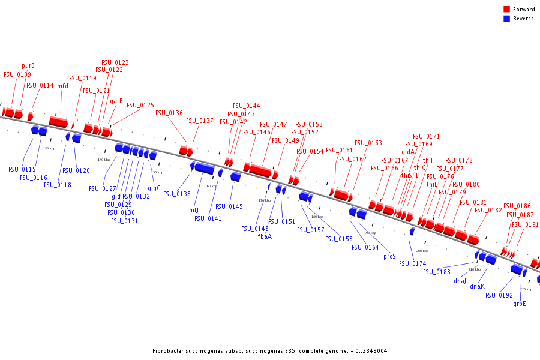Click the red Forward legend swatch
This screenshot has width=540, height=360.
(x=507, y=10)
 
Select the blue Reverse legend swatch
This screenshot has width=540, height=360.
(x=507, y=19)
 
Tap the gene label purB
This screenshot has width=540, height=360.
(x=28, y=66)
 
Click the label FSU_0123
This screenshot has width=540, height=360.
(x=115, y=62)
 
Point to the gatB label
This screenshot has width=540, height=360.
(x=116, y=101)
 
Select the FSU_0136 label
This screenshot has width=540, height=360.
(x=169, y=113)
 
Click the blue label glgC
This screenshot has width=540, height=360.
(x=154, y=188)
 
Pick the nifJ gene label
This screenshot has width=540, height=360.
(x=194, y=210)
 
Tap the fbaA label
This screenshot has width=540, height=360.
(x=265, y=236)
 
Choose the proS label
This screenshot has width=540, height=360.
(x=390, y=256)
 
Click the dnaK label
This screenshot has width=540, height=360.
(x=477, y=286)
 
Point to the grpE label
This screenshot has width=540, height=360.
(x=520, y=304)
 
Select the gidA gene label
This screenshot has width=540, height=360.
(x=408, y=152)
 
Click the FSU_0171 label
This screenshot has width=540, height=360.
(x=426, y=137)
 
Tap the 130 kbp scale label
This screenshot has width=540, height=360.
(x=49, y=148)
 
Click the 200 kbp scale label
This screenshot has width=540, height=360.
(x=422, y=251)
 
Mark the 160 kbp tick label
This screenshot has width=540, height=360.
(x=211, y=186)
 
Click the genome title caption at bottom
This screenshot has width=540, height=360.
(x=270, y=350)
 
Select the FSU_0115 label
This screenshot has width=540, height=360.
(x=22, y=170)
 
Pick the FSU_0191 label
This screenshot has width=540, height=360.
(x=525, y=224)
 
